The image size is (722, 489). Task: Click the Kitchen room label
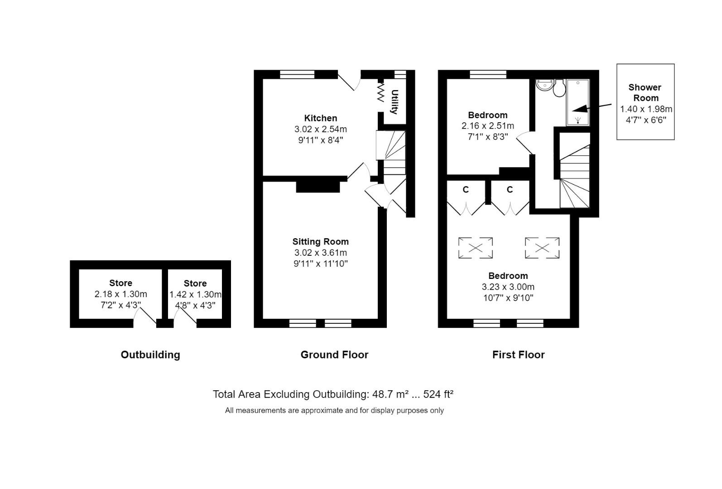320,118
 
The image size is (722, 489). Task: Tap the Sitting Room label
320,241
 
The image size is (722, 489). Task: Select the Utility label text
395,102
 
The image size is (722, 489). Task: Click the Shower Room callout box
645,102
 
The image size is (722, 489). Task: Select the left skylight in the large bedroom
476,248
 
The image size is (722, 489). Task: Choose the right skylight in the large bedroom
542,248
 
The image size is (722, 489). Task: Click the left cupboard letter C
466,190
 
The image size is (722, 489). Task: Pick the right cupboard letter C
510,190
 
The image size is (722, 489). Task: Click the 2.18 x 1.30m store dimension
120,294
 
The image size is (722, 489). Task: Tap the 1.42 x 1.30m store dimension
195,294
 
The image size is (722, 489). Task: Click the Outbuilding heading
150,355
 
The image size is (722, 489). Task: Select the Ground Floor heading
334,355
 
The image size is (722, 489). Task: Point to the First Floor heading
518,355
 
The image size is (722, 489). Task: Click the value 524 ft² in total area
438,394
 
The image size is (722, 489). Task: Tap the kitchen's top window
297,75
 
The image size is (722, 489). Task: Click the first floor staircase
575,177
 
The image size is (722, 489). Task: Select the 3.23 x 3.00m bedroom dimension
508,287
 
